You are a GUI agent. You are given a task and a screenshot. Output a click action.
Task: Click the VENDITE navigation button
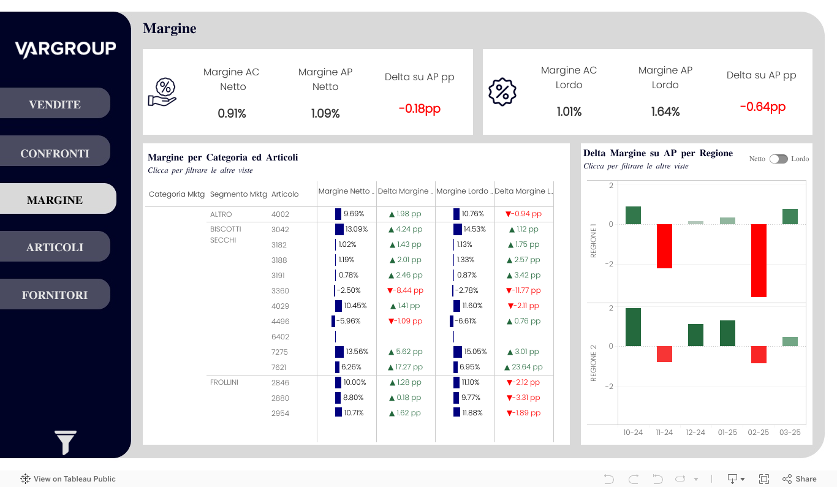(x=55, y=104)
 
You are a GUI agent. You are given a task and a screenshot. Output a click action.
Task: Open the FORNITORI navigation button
(x=55, y=295)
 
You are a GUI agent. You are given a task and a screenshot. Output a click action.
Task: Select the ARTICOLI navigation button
(x=55, y=247)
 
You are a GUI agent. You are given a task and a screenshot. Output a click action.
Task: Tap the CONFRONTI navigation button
(x=55, y=153)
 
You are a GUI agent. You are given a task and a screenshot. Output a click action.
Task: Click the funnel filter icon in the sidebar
(x=65, y=442)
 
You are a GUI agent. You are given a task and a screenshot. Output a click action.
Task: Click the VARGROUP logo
(x=65, y=49)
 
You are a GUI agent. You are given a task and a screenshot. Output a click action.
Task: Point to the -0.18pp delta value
(x=419, y=109)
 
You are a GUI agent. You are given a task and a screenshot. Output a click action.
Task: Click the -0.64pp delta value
(x=762, y=107)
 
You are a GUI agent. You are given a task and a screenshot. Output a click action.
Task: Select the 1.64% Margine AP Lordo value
(x=665, y=111)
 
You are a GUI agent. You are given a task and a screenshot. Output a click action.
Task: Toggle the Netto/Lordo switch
(x=778, y=159)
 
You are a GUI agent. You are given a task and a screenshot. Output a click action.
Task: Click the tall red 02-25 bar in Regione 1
(x=759, y=260)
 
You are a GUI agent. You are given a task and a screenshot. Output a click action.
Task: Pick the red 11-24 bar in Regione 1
(x=664, y=246)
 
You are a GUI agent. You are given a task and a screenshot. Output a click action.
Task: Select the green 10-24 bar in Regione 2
(x=633, y=327)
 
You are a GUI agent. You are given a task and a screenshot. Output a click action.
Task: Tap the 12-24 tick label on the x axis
(x=695, y=432)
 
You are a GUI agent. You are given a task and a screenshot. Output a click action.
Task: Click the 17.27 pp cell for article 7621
(x=406, y=367)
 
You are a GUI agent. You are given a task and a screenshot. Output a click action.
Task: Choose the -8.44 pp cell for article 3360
(x=406, y=290)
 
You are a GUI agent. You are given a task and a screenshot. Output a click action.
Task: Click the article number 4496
(x=280, y=322)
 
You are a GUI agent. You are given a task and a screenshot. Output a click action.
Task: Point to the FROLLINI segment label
(x=224, y=382)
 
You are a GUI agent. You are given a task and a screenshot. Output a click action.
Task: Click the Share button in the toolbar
(x=800, y=479)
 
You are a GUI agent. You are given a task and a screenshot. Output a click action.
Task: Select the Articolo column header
(x=285, y=194)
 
